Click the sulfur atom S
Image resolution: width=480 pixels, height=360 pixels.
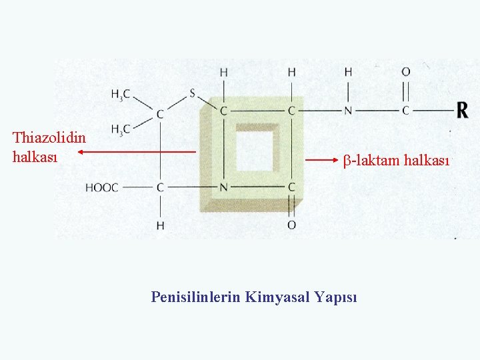(x=193, y=93)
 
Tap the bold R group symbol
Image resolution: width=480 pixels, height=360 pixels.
(x=463, y=109)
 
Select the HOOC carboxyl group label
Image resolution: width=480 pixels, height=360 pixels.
(x=101, y=188)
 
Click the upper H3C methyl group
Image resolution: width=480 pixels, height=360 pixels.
(x=121, y=95)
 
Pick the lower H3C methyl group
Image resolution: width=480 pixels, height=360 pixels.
(x=121, y=129)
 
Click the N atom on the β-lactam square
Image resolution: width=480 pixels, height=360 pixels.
(x=224, y=188)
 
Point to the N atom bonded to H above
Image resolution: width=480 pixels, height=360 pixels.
(x=348, y=110)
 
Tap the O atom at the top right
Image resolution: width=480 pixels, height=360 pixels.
(x=405, y=72)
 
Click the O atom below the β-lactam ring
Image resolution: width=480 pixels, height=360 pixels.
(x=291, y=225)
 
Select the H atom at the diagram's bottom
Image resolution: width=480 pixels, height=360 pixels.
(x=160, y=225)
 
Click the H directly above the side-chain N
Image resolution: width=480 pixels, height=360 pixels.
(x=348, y=72)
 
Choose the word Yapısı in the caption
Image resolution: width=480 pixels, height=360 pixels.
(x=337, y=297)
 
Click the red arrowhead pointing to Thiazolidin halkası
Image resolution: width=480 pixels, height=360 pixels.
(x=77, y=153)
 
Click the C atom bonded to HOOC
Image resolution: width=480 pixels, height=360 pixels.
(x=160, y=188)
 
